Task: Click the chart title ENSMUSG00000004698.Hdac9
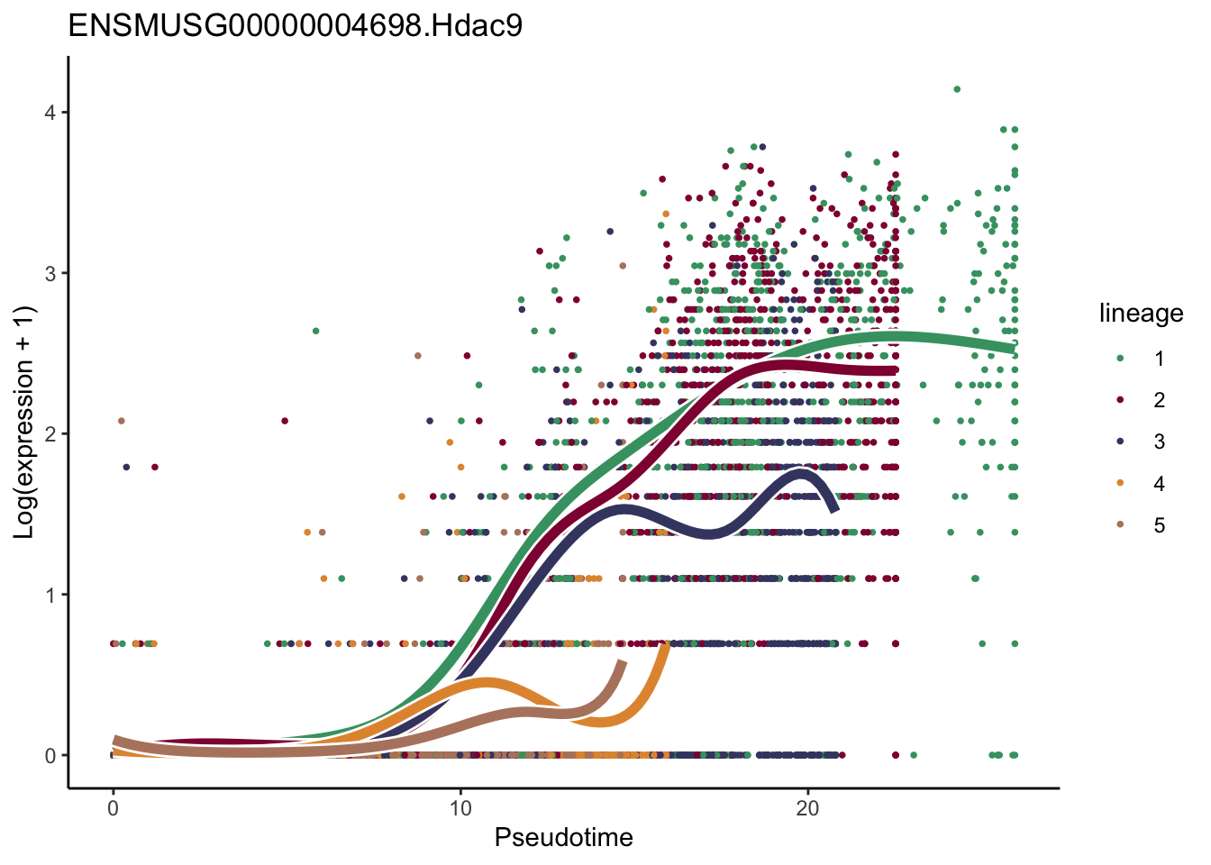click(295, 26)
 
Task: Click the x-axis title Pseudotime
click(563, 838)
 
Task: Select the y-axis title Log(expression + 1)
click(24, 423)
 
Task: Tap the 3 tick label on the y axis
click(50, 273)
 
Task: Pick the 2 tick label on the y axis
click(50, 434)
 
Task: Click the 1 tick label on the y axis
click(50, 595)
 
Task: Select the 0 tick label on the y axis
click(50, 756)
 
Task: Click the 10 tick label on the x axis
click(460, 807)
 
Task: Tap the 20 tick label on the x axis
click(807, 807)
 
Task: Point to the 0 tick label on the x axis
click(113, 807)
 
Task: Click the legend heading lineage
click(1141, 314)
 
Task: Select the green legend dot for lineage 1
click(1120, 359)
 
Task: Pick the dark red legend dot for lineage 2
click(1120, 400)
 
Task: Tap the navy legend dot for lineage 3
click(1120, 442)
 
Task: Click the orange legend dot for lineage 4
click(1120, 484)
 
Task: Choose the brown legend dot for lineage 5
click(1120, 525)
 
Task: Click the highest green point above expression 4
click(957, 89)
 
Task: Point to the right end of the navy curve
click(835, 510)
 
